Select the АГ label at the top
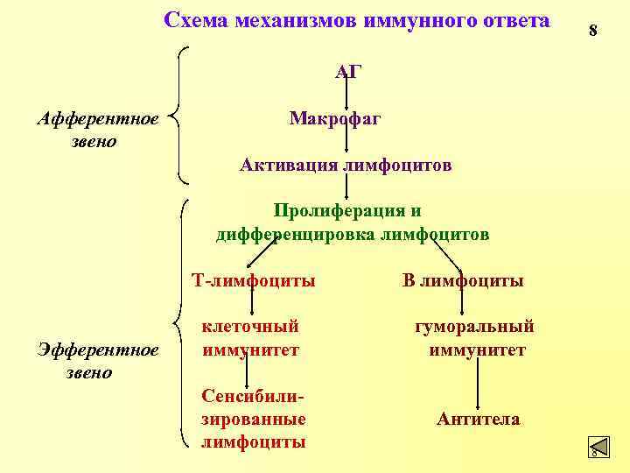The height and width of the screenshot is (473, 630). pos(348,72)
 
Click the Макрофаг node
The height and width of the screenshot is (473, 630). pos(335,118)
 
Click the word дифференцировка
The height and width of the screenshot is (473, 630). pos(296,235)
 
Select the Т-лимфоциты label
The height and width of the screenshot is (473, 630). pos(254,281)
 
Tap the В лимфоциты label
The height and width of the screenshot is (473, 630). pos(463,281)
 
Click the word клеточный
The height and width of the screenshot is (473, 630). pos(251,326)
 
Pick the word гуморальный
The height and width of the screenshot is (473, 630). pos(473,326)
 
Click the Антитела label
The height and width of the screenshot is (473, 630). pos(478,420)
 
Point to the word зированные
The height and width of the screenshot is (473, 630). pos(254,420)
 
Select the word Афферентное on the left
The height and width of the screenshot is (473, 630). pos(97,118)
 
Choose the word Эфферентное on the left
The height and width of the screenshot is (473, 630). pos(97,350)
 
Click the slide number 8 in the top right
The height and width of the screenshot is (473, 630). pos(592,31)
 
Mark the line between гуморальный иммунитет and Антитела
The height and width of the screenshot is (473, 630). pos(478,384)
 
